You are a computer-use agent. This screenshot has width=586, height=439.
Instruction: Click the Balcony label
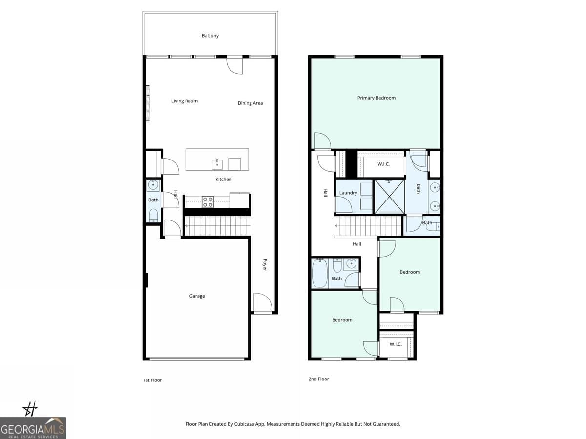pos(210,36)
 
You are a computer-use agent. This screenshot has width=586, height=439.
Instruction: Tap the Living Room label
pos(184,101)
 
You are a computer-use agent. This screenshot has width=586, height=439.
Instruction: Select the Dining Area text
pos(250,103)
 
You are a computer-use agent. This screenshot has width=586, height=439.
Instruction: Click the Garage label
pos(197,296)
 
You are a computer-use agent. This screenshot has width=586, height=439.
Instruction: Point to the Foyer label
pos(265,265)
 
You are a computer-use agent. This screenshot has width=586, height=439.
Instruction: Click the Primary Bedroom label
pos(376,98)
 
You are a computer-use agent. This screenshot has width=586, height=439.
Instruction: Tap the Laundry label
pos(348,193)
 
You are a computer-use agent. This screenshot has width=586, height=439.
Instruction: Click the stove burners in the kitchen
pos(208,201)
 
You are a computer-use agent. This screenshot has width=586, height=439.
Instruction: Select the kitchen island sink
pos(217,163)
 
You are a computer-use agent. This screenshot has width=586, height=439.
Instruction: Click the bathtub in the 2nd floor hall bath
pos(320,274)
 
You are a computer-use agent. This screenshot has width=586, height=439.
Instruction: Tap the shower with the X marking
pos(389,196)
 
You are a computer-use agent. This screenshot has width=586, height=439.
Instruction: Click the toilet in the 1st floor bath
pos(153,215)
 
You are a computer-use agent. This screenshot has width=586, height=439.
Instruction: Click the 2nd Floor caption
pos(318,379)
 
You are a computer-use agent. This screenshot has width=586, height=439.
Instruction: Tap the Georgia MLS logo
pos(33,428)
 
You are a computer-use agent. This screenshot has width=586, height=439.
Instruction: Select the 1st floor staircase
pos(217,226)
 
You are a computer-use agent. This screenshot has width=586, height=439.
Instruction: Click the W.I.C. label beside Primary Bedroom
pos(383,164)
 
